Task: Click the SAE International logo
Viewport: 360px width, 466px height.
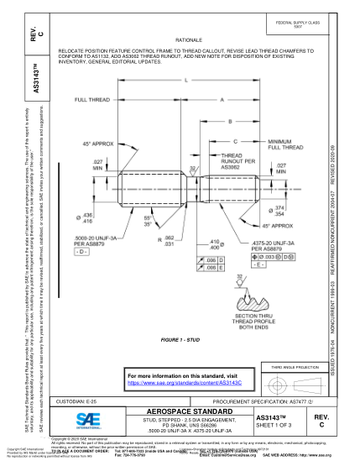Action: (86, 419)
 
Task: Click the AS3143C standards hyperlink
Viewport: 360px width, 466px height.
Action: (195, 380)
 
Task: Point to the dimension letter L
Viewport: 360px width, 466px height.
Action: (185, 80)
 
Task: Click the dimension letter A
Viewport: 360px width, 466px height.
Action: (222, 99)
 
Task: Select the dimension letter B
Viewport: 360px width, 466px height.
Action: (231, 121)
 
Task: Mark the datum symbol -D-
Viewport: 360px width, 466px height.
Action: (81, 252)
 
